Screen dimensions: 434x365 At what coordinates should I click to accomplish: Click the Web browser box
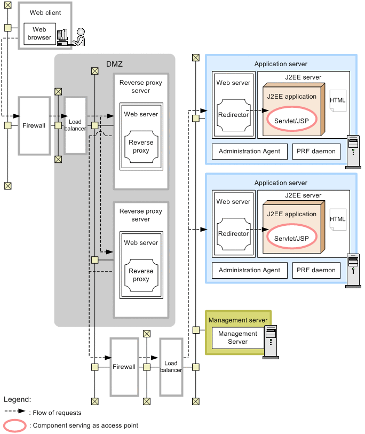(39, 34)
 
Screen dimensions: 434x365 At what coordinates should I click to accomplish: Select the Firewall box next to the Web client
(34, 125)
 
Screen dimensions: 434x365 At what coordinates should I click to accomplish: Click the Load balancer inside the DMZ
(75, 125)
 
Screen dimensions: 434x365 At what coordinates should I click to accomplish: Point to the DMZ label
(114, 64)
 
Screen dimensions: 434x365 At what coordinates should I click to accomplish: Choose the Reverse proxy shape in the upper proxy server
(141, 147)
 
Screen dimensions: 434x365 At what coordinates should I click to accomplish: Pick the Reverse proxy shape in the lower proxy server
(141, 275)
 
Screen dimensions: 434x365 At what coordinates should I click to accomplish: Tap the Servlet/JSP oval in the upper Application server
(291, 120)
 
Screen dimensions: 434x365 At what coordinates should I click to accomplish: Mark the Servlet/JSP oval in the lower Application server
(291, 238)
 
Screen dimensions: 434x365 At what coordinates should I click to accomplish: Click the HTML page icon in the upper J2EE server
(338, 101)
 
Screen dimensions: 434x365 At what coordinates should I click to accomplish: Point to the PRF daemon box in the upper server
(316, 151)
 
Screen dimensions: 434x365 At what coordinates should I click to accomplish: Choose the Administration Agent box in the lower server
(249, 270)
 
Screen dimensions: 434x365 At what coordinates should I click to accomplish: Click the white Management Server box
(237, 337)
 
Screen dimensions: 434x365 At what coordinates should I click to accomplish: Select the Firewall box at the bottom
(124, 367)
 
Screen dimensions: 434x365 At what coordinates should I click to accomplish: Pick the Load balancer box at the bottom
(171, 367)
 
